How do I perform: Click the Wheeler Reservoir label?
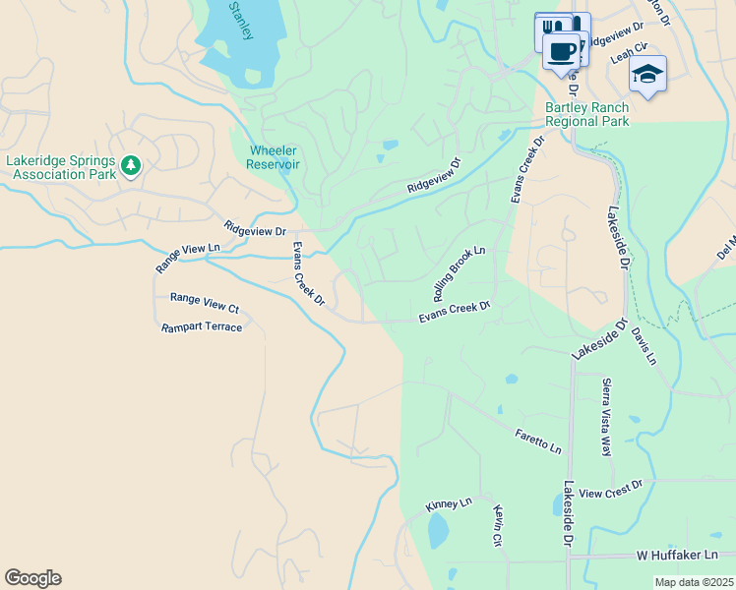pyautogui.click(x=274, y=157)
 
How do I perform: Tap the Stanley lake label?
pyautogui.click(x=241, y=21)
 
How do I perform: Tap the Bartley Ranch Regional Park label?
pyautogui.click(x=586, y=114)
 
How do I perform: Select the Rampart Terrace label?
pyautogui.click(x=202, y=326)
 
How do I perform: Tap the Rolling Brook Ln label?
pyautogui.click(x=460, y=274)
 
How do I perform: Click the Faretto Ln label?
pyautogui.click(x=538, y=441)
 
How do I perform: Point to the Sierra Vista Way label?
pyautogui.click(x=606, y=418)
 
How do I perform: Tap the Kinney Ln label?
pyautogui.click(x=449, y=504)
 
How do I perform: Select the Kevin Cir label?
pyautogui.click(x=500, y=527)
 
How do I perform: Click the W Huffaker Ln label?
pyautogui.click(x=678, y=556)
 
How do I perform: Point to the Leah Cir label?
pyautogui.click(x=630, y=52)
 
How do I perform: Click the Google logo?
pyautogui.click(x=32, y=578)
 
